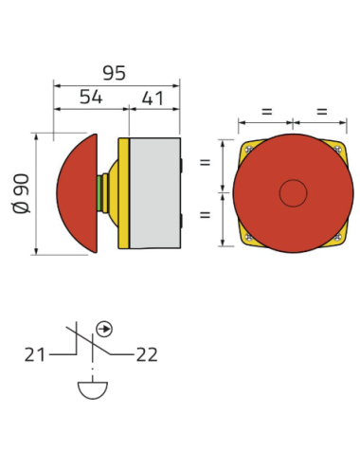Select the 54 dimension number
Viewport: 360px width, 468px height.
90,97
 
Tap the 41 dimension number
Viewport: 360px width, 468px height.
154,97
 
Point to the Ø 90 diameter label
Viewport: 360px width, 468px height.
23,193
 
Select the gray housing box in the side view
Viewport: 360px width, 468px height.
154,193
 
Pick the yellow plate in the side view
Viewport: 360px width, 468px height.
123,193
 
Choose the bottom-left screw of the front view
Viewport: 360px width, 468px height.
248,237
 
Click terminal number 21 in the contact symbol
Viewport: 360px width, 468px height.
35,355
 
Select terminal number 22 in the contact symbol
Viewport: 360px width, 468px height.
147,355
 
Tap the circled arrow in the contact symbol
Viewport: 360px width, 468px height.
105,329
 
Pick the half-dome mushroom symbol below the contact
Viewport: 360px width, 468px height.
91,389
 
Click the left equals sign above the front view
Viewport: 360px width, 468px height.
265,112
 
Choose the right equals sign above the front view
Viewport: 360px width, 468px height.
320,112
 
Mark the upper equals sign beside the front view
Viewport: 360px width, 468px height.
205,164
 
